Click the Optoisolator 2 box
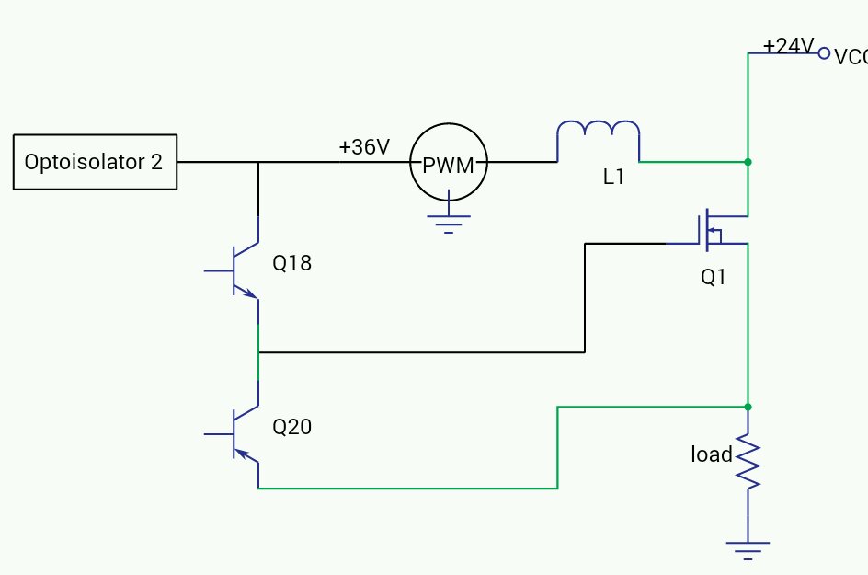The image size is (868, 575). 94,162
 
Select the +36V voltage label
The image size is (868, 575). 364,146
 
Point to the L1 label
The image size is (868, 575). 613,178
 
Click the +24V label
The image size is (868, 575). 789,46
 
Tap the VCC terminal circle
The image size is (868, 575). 824,54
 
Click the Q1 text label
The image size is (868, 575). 714,276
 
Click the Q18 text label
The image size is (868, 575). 291,264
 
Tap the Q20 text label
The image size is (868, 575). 291,427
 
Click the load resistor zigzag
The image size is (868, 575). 748,462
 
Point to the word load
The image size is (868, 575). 711,454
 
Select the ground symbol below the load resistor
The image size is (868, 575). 748,549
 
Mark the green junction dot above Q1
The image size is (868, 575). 748,162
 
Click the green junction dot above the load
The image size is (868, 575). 748,406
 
